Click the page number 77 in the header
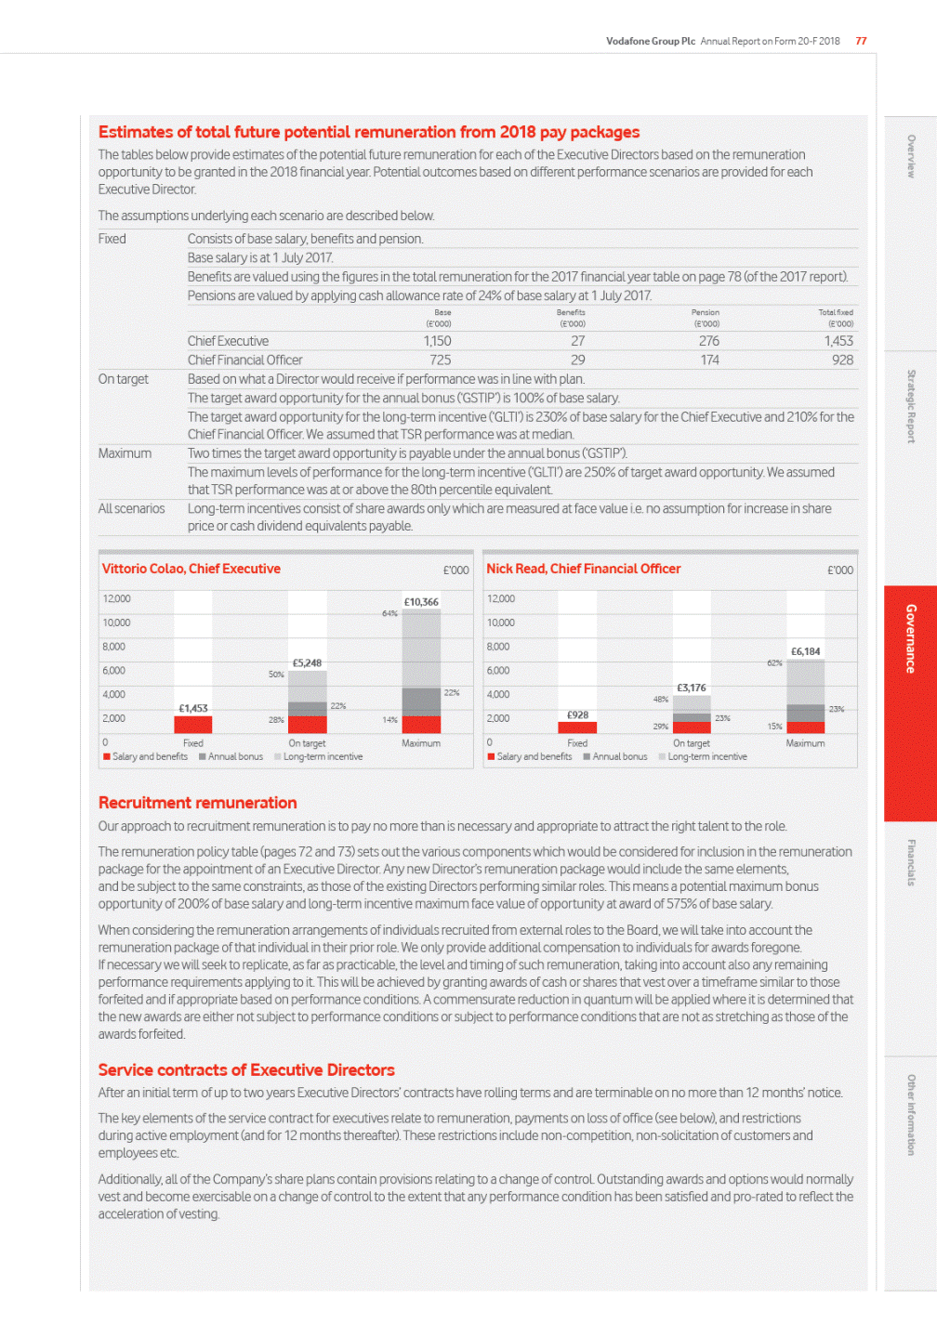coord(861,41)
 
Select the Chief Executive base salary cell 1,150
coord(437,341)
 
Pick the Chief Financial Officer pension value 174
coord(709,360)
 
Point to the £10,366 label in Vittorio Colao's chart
coord(421,602)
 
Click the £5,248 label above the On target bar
coord(307,662)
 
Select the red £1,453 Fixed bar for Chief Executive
coord(193,725)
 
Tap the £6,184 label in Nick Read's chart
coord(805,651)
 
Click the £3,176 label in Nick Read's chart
coord(691,688)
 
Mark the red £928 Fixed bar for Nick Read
coord(577,728)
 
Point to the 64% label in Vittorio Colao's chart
coord(389,613)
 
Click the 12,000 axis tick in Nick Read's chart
coord(500,599)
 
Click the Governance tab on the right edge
coord(910,638)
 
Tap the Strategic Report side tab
coord(911,406)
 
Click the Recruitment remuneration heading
coord(197,803)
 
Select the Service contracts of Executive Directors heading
coord(246,1070)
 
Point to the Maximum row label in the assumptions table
coord(125,453)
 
